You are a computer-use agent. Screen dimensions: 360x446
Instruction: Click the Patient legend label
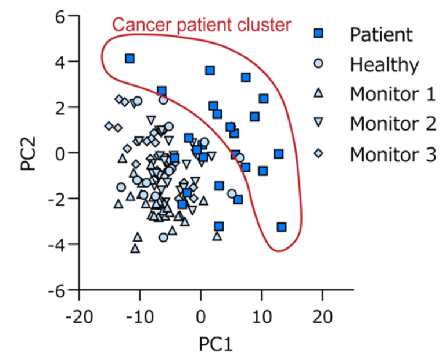381,34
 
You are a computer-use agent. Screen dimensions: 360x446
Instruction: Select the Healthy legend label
384,64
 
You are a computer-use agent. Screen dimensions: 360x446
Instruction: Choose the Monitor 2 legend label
393,124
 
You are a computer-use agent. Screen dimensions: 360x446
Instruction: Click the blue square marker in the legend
318,34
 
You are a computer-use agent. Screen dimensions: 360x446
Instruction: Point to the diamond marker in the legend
318,154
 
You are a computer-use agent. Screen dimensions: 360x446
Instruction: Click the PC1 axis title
215,344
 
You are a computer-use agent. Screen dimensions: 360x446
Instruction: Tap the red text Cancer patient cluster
201,25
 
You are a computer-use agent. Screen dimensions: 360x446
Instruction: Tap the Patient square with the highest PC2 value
130,59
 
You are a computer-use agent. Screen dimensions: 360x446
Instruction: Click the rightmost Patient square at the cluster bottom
282,226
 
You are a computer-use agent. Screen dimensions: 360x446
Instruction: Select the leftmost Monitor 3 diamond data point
109,126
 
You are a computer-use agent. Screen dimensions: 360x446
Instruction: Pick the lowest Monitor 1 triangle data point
135,248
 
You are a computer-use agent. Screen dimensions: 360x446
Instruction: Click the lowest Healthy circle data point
163,237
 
